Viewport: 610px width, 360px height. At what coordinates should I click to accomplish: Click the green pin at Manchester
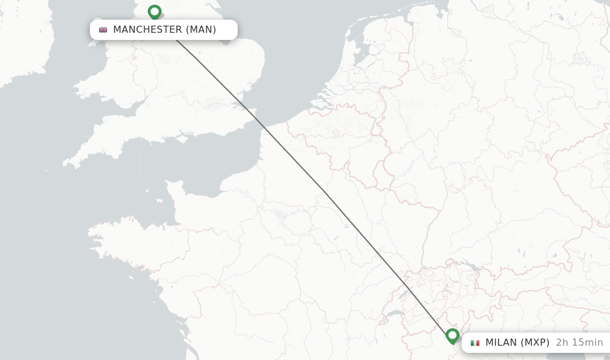point(154,12)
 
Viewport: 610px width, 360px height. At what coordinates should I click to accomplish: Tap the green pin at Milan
point(452,336)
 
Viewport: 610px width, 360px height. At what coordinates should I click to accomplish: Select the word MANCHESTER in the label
point(147,30)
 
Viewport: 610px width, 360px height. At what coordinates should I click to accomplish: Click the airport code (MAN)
point(201,30)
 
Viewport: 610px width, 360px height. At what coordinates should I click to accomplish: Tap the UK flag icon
point(103,30)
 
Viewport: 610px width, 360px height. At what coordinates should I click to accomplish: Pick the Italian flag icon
point(475,343)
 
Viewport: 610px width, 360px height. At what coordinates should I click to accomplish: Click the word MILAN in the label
point(501,343)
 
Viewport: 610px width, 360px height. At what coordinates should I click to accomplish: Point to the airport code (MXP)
point(534,343)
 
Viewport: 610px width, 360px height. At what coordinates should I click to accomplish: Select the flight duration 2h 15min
point(579,343)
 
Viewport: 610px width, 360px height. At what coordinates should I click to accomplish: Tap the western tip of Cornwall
point(65,162)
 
